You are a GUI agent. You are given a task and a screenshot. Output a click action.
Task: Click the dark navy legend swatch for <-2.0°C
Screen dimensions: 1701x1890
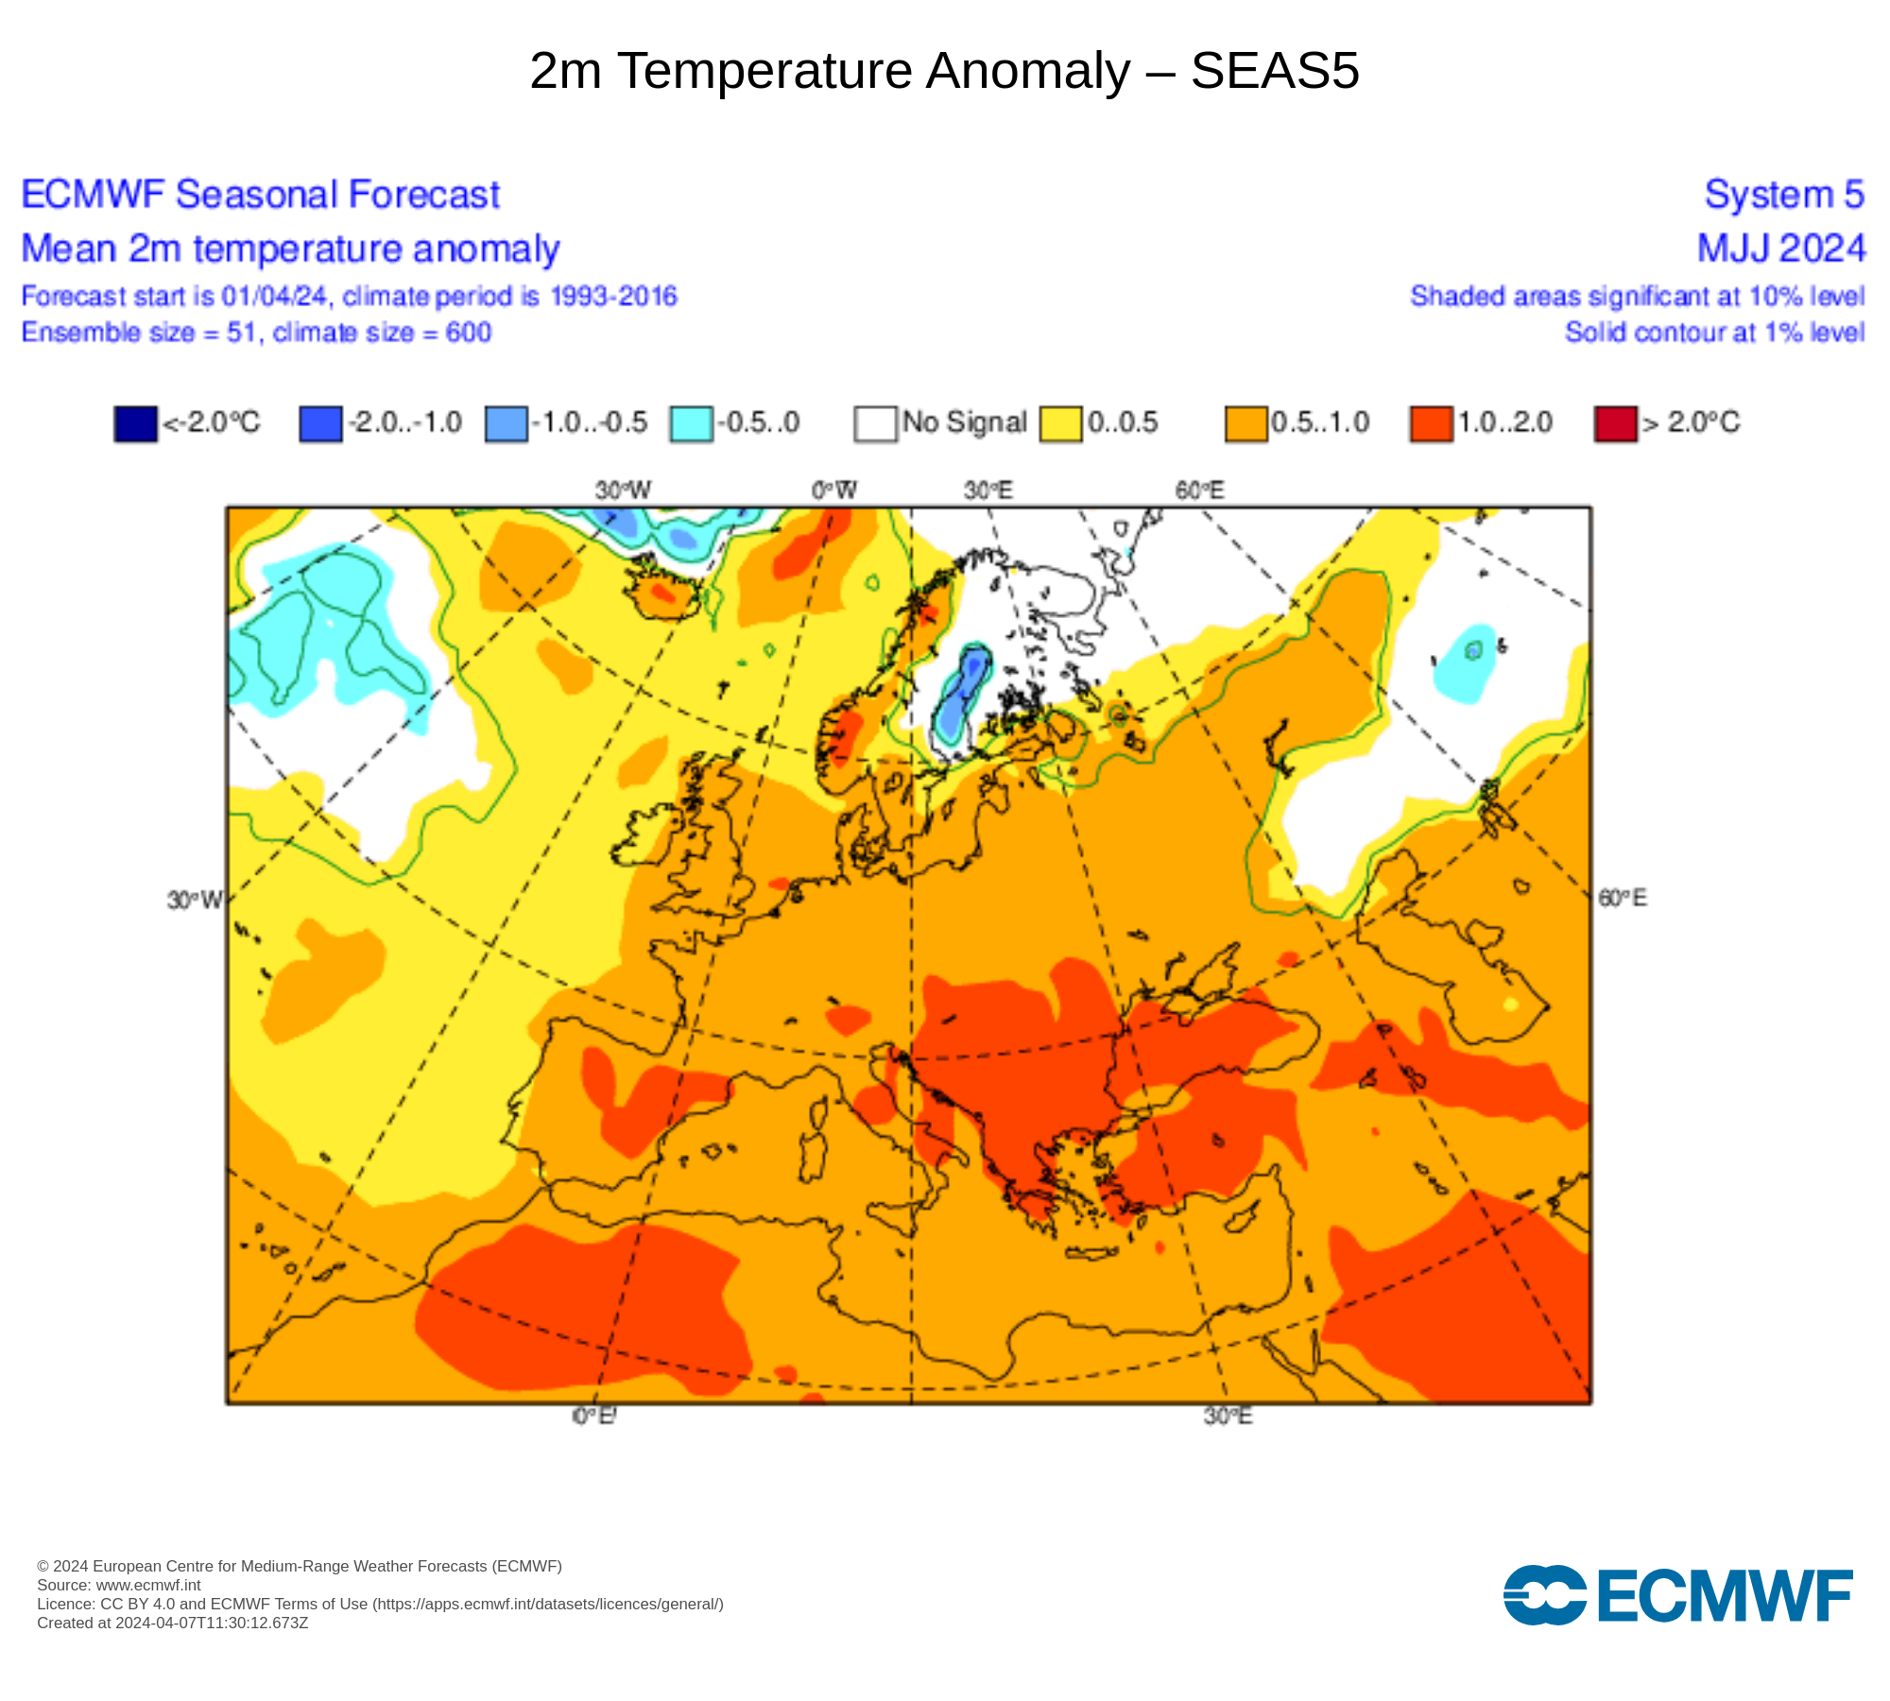click(135, 423)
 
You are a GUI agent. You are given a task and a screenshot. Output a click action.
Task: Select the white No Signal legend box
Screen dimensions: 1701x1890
click(875, 423)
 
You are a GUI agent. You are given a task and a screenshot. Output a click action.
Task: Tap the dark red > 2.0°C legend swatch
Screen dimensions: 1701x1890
click(1615, 423)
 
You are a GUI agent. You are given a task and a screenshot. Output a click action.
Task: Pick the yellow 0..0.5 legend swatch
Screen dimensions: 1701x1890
click(1060, 423)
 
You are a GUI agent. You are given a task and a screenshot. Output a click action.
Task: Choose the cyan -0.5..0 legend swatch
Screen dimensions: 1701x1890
click(691, 423)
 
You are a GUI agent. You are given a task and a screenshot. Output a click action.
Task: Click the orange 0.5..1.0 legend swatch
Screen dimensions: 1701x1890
click(1246, 423)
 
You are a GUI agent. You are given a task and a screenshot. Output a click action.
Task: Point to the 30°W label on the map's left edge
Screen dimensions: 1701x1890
click(195, 900)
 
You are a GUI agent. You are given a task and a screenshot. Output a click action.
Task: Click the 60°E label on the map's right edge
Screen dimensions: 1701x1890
click(1622, 898)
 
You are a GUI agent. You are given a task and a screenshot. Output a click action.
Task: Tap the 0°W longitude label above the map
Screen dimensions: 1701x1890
click(833, 490)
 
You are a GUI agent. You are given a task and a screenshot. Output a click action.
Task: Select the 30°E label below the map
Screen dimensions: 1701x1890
click(1228, 1416)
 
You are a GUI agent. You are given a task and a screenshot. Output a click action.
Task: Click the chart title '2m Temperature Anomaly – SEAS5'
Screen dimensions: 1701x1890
click(944, 71)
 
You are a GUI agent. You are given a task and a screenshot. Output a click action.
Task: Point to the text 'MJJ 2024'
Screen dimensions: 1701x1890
click(1781, 249)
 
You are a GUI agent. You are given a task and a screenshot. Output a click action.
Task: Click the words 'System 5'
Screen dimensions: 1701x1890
click(1784, 195)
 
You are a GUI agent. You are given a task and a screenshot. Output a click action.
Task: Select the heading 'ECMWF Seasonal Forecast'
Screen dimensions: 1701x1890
click(260, 195)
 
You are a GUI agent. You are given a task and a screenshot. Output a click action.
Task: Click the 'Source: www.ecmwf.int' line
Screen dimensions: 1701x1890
click(119, 1585)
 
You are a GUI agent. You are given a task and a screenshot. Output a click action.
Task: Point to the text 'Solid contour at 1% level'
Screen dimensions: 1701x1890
click(1714, 333)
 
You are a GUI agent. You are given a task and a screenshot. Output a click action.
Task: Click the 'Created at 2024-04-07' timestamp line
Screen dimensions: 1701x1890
click(173, 1623)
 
